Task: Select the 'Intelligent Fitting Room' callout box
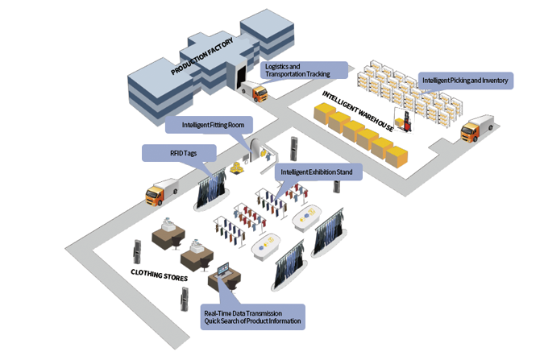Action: click(x=209, y=125)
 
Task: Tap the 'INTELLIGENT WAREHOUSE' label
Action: click(x=359, y=111)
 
